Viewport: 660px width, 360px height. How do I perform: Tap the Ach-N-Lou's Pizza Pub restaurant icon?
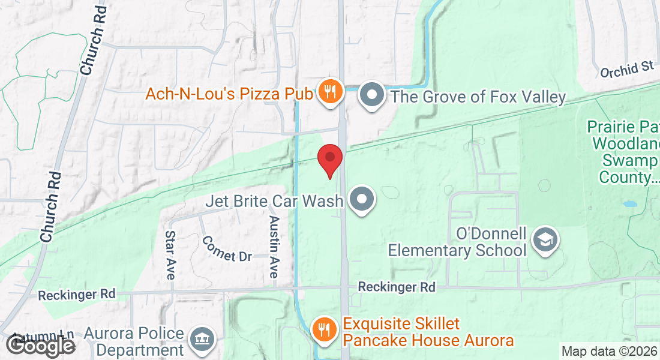click(x=329, y=93)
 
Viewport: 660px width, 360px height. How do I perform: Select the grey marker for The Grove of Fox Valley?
click(x=372, y=95)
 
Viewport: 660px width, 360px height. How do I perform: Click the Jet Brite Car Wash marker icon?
click(x=362, y=200)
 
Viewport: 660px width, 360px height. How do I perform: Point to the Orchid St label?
click(x=626, y=70)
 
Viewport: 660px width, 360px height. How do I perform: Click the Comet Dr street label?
click(x=227, y=248)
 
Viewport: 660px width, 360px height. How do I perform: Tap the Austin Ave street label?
click(x=274, y=246)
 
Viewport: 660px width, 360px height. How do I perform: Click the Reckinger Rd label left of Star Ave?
click(x=76, y=295)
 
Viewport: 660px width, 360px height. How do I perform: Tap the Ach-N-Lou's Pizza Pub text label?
click(x=230, y=94)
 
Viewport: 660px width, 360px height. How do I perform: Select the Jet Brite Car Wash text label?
click(x=274, y=200)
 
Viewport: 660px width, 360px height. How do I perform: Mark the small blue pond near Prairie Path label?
click(x=629, y=204)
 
